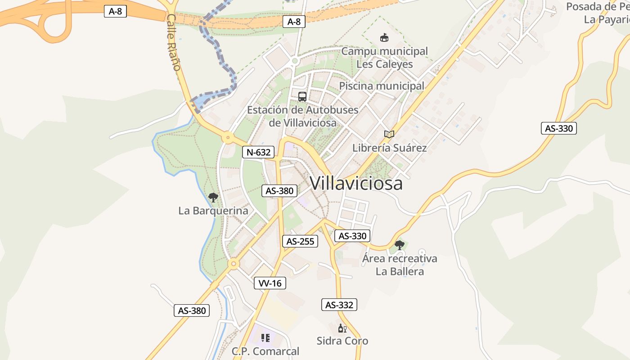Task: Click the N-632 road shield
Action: [258, 152]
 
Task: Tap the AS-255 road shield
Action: [301, 241]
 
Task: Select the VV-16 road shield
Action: [270, 283]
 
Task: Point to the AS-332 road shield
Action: [339, 305]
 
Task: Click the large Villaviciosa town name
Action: [356, 183]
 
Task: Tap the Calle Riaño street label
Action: [173, 42]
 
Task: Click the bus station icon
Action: [302, 96]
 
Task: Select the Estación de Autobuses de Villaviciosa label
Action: [303, 116]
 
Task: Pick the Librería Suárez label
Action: [389, 148]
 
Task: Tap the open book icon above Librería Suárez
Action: [389, 134]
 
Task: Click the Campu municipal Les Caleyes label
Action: [384, 58]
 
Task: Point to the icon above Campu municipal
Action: [384, 37]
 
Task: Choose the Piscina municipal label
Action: [382, 86]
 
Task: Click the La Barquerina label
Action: [213, 211]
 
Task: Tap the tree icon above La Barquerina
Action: [213, 197]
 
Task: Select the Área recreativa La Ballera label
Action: [400, 265]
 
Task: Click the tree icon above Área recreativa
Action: [399, 245]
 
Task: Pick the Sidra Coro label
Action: [342, 341]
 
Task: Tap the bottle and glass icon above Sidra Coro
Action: [342, 328]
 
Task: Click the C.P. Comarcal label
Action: [265, 351]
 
